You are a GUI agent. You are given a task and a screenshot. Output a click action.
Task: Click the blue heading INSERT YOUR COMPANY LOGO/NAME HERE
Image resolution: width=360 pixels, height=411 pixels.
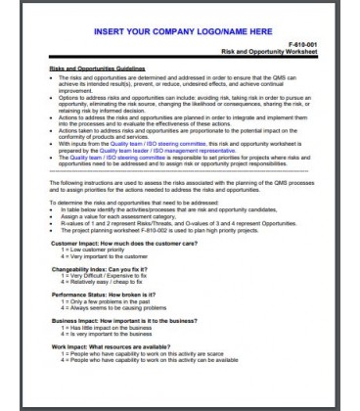pos(179,31)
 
